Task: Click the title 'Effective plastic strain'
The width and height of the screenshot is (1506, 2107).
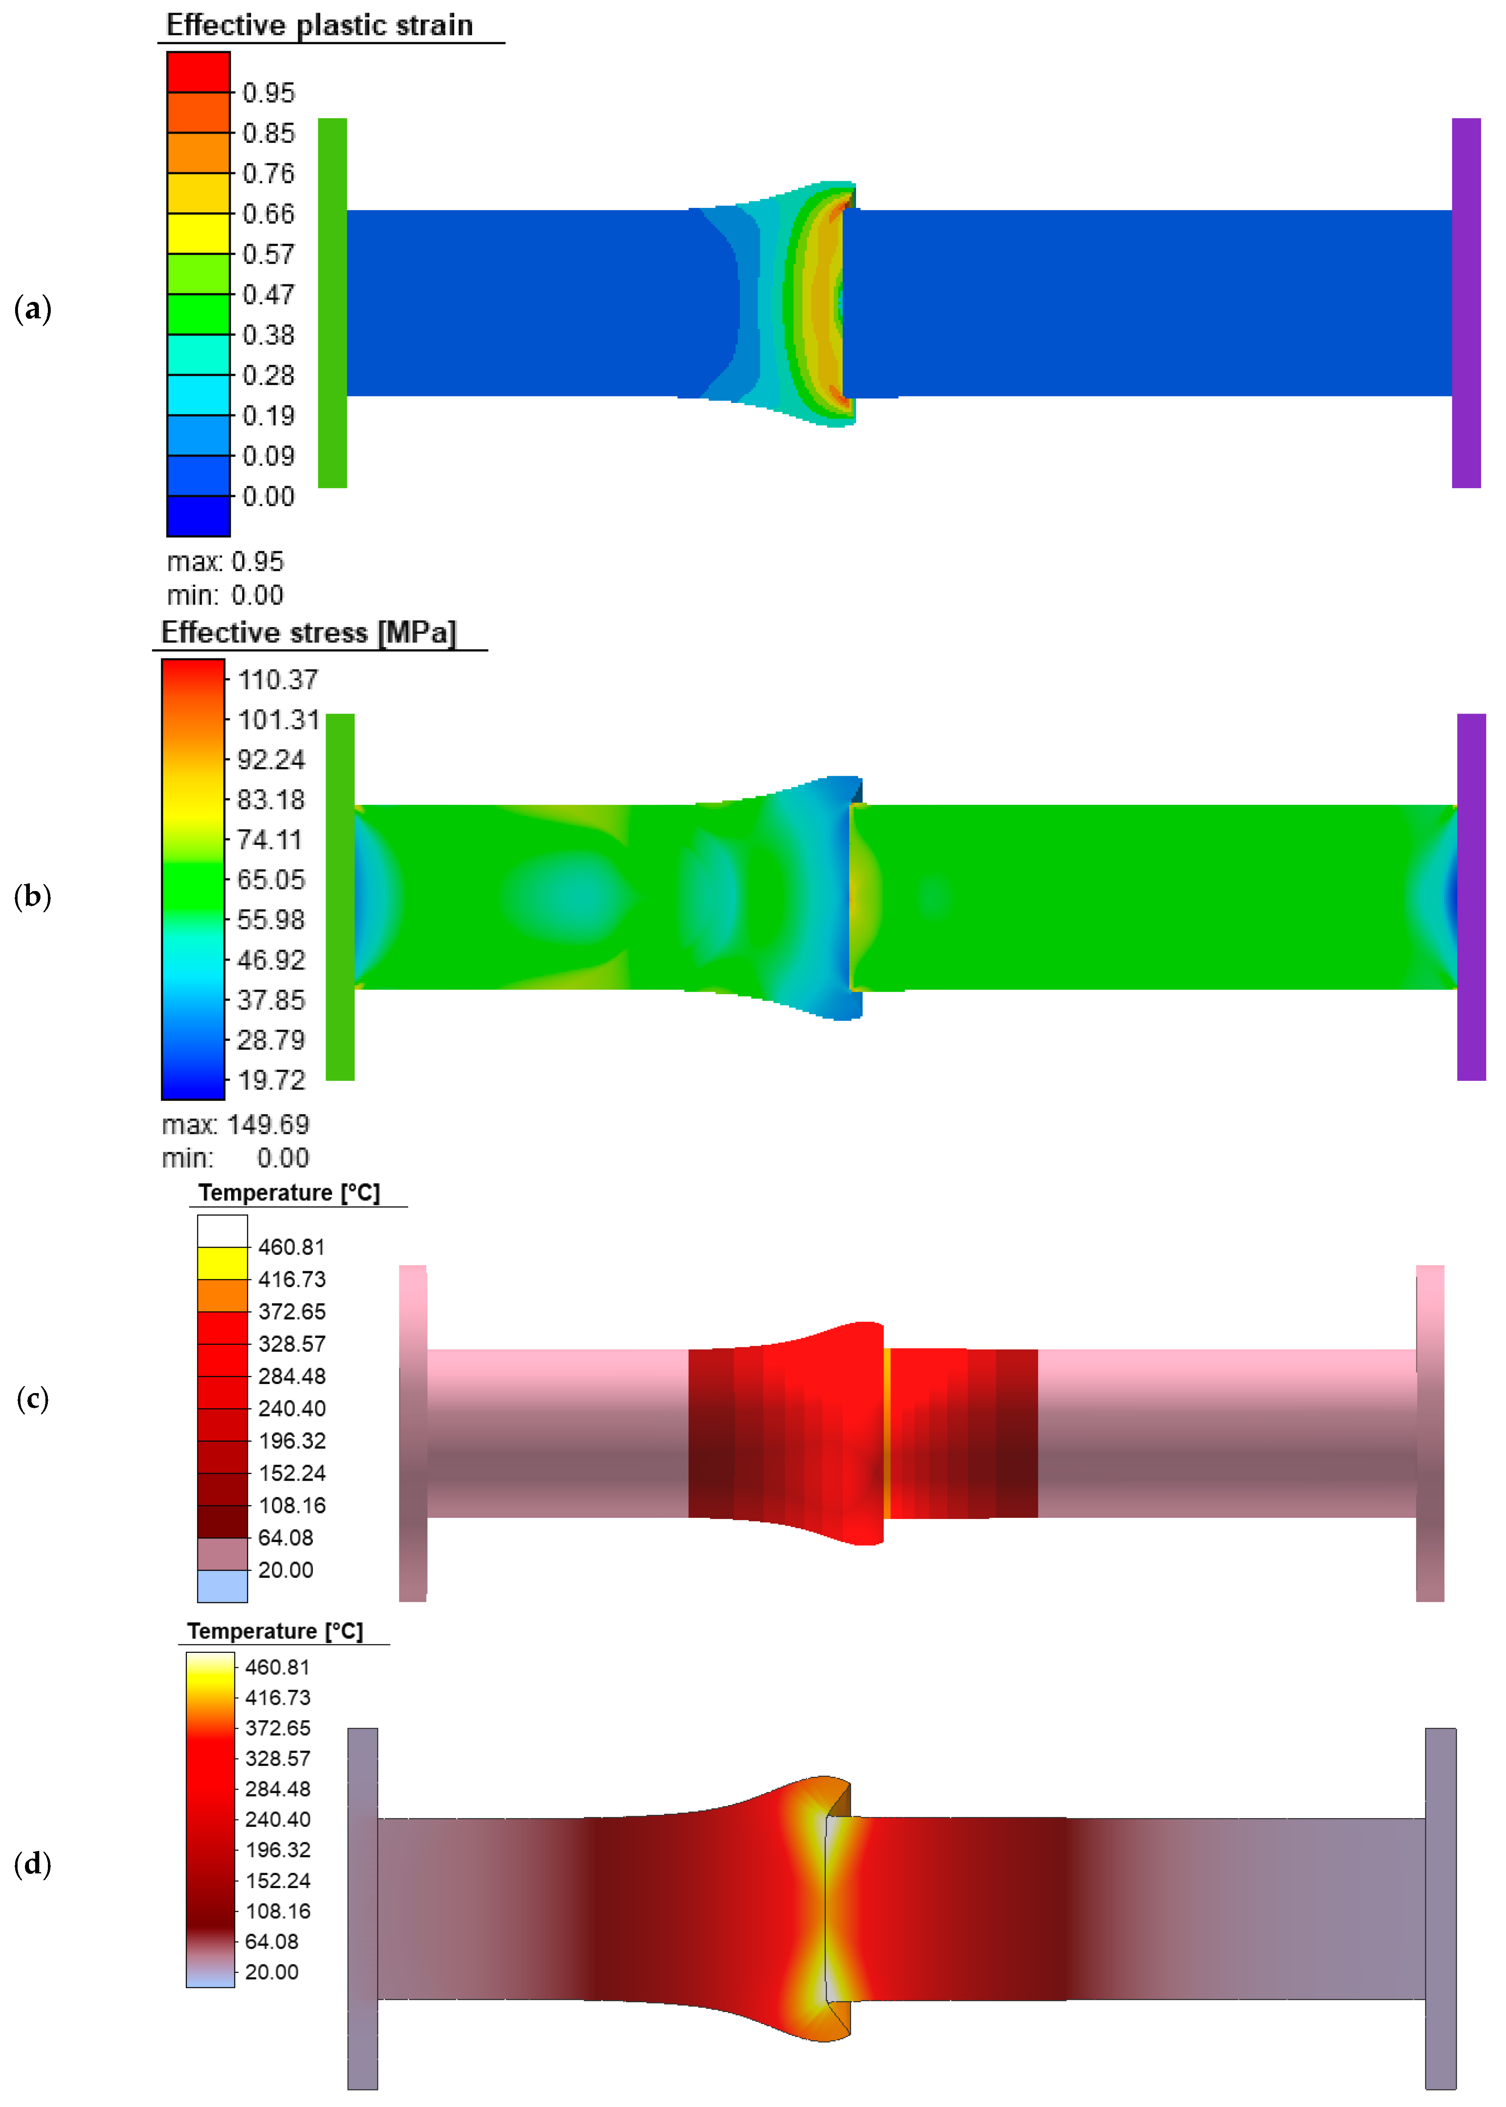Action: tap(319, 25)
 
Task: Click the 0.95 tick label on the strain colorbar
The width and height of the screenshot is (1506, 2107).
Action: tap(268, 93)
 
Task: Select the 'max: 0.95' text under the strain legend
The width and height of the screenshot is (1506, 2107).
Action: tap(225, 561)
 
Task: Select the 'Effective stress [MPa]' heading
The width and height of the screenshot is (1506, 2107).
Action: tap(309, 633)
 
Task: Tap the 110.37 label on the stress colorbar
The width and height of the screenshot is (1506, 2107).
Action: tap(277, 680)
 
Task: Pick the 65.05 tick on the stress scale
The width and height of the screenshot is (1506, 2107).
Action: tap(271, 879)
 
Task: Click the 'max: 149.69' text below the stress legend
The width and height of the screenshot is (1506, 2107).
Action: tap(236, 1124)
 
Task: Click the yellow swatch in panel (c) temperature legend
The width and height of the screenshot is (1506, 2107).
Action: tap(223, 1263)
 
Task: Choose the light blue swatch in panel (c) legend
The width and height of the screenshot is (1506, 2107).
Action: tap(223, 1585)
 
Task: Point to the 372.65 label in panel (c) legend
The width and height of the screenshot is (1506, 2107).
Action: tap(291, 1311)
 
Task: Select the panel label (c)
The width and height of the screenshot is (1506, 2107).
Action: tap(32, 1398)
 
